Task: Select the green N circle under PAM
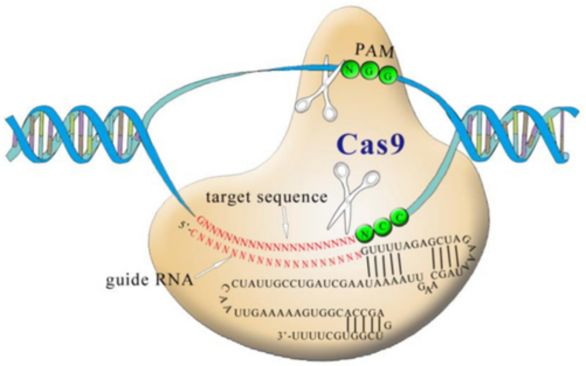tap(350, 68)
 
